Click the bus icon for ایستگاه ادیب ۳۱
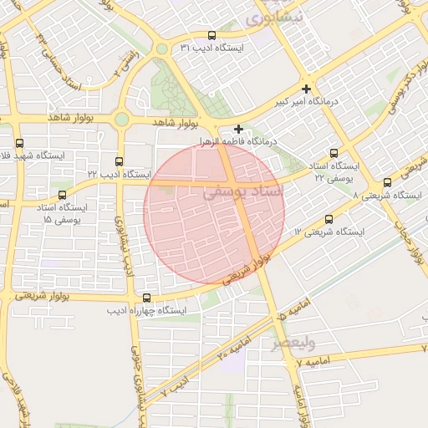(x=211, y=36)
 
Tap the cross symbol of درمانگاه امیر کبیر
(x=307, y=89)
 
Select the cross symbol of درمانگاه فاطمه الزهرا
(x=239, y=129)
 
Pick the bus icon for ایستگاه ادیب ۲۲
(x=118, y=161)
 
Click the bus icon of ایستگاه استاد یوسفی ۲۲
(x=334, y=153)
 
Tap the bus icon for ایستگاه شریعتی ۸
(x=387, y=182)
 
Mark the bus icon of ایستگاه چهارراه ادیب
(x=147, y=298)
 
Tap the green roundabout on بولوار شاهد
(x=122, y=120)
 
